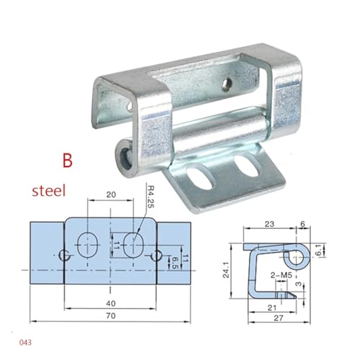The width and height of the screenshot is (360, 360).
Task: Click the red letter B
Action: [x=68, y=161]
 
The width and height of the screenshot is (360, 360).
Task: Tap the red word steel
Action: [x=49, y=191]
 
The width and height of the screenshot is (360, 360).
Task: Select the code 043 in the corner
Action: [x=25, y=342]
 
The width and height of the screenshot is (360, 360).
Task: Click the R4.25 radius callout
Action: [x=150, y=197]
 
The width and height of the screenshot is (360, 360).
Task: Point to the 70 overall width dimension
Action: [x=111, y=315]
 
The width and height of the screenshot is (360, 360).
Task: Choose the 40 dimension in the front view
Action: [x=111, y=303]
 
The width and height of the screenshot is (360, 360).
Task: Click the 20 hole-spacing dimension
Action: [x=111, y=194]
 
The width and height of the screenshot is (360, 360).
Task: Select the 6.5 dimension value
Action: [x=175, y=262]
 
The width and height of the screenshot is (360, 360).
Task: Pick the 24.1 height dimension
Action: [x=226, y=270]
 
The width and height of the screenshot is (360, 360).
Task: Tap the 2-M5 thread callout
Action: [x=281, y=275]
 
